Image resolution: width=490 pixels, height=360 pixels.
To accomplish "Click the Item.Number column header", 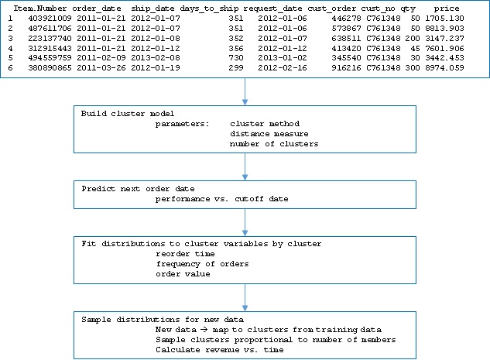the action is (x=40, y=9).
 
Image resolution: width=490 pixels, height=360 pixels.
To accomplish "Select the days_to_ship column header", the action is (x=209, y=9).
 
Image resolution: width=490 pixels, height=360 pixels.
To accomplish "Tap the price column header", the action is (x=447, y=9).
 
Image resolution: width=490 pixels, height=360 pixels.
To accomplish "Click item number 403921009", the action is (x=50, y=19).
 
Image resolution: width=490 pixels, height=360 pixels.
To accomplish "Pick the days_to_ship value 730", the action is (x=236, y=58).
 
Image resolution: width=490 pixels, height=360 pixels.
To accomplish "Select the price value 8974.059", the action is (x=444, y=68).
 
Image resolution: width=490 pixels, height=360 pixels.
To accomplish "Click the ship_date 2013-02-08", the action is (x=156, y=58).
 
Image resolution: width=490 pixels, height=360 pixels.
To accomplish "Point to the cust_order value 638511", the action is (x=346, y=39).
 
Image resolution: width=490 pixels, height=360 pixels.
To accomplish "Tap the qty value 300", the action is (x=413, y=68).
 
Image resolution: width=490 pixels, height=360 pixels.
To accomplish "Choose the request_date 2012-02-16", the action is (x=283, y=68).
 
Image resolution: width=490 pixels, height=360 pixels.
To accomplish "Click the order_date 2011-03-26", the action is (x=101, y=68).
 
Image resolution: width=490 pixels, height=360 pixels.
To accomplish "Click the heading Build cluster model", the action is (x=128, y=114).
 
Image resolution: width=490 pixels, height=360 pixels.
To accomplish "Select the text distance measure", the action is (x=269, y=134).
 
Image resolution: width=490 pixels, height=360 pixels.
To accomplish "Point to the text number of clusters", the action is (x=274, y=144).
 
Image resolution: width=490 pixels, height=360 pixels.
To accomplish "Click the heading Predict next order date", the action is (x=138, y=189).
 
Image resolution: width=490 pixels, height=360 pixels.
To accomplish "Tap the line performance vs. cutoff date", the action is (x=222, y=199).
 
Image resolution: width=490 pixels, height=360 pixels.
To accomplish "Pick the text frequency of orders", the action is (x=203, y=264).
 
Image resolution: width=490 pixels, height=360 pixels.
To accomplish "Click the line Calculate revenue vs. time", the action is (x=220, y=350).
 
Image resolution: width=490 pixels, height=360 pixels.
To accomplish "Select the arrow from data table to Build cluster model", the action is (x=245, y=91).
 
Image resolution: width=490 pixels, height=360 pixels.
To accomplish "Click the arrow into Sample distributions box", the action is (x=245, y=297).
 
